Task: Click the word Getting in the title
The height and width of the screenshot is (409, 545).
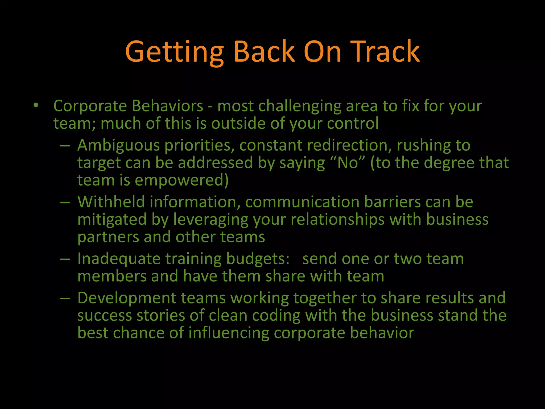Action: click(174, 52)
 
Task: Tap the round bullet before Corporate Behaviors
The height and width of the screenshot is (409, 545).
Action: click(36, 105)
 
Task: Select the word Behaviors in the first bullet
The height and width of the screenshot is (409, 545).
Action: click(168, 106)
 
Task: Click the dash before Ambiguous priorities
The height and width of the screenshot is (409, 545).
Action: click(65, 146)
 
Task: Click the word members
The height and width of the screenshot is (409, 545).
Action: click(112, 276)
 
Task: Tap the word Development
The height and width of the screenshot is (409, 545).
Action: click(127, 298)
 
